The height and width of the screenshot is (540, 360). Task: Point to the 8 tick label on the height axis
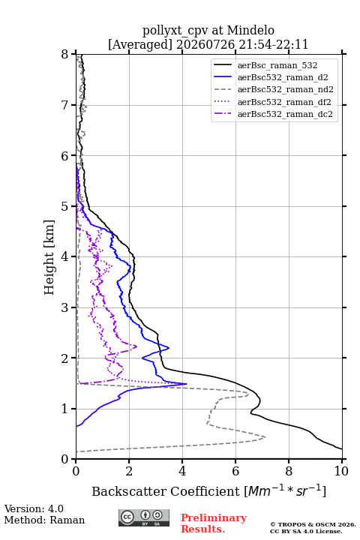(65, 55)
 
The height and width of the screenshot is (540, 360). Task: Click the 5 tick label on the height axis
(65, 207)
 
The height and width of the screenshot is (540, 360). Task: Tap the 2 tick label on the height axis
(65, 358)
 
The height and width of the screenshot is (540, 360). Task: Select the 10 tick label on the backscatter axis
(341, 471)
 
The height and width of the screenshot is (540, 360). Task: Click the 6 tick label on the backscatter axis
(235, 471)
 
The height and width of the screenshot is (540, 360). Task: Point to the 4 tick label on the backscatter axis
(182, 471)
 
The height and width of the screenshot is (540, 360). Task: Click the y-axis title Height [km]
(49, 257)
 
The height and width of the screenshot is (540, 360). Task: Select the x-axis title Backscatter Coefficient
(166, 491)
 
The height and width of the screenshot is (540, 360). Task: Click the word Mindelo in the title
(250, 31)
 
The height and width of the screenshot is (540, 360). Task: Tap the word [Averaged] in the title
(139, 45)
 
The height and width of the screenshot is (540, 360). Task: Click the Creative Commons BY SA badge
(144, 518)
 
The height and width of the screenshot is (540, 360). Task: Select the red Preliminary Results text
(214, 523)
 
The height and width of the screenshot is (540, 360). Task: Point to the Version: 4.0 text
(34, 508)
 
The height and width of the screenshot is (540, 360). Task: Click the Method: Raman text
(44, 520)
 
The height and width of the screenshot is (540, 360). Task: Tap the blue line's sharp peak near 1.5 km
(186, 384)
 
